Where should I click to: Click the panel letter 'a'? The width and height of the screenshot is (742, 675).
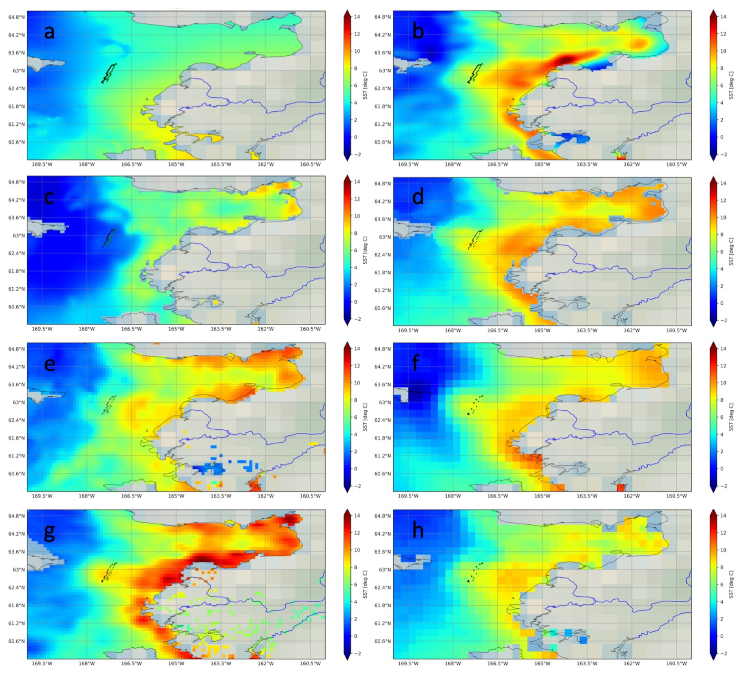(x=49, y=32)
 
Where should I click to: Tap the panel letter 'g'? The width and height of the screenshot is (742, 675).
(x=49, y=532)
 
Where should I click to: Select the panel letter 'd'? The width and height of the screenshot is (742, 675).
(x=417, y=197)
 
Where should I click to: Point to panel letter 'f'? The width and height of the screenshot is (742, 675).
(x=416, y=363)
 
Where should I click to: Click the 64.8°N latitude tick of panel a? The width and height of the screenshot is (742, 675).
(x=17, y=17)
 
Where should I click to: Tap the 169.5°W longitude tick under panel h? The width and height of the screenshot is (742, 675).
(x=408, y=663)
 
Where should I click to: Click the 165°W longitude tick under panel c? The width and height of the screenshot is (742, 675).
(x=176, y=329)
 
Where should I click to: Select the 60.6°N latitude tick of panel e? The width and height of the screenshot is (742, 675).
(x=17, y=474)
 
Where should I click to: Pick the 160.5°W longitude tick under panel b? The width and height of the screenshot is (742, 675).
(x=676, y=164)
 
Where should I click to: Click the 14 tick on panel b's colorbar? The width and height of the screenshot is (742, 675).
(x=723, y=17)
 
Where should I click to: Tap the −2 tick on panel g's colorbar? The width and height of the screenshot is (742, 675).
(x=357, y=654)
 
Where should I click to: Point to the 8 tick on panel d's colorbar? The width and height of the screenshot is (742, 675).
(x=723, y=235)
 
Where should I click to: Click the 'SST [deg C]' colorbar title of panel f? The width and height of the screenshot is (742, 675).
(x=731, y=417)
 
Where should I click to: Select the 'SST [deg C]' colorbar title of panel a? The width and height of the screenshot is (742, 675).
(x=365, y=85)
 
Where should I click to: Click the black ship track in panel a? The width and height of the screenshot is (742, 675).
(x=109, y=73)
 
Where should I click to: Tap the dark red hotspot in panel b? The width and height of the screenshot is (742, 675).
(x=565, y=59)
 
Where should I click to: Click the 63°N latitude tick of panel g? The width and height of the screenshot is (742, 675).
(x=19, y=570)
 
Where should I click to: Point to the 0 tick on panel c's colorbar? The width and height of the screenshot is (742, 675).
(x=355, y=302)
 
